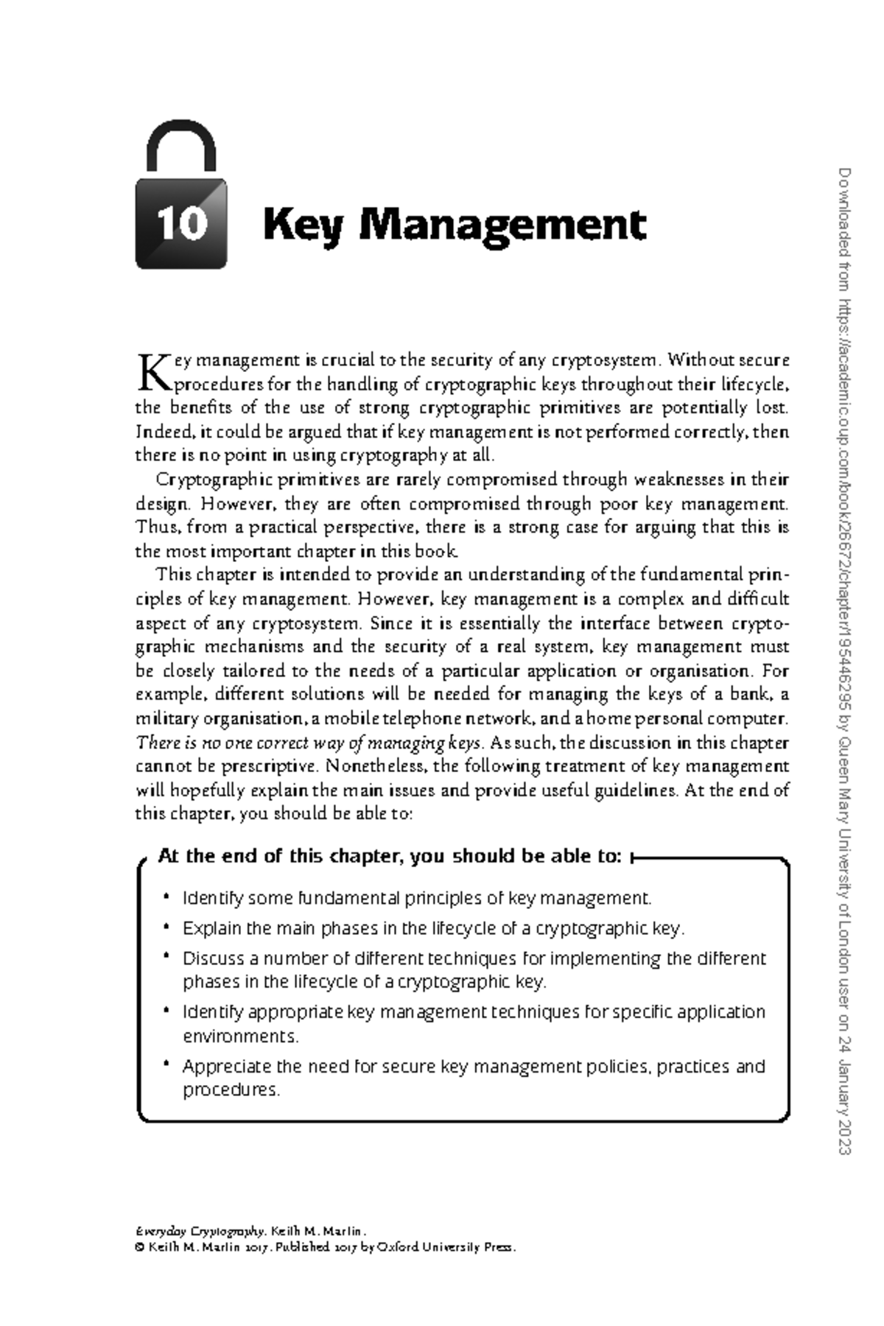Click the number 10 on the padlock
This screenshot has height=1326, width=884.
[180, 223]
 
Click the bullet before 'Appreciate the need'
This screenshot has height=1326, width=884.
[167, 1064]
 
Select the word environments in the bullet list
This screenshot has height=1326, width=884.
[240, 1036]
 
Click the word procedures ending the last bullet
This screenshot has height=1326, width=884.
[231, 1090]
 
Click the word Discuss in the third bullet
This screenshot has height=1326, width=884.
[213, 958]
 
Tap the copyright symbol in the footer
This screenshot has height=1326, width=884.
[139, 1247]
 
